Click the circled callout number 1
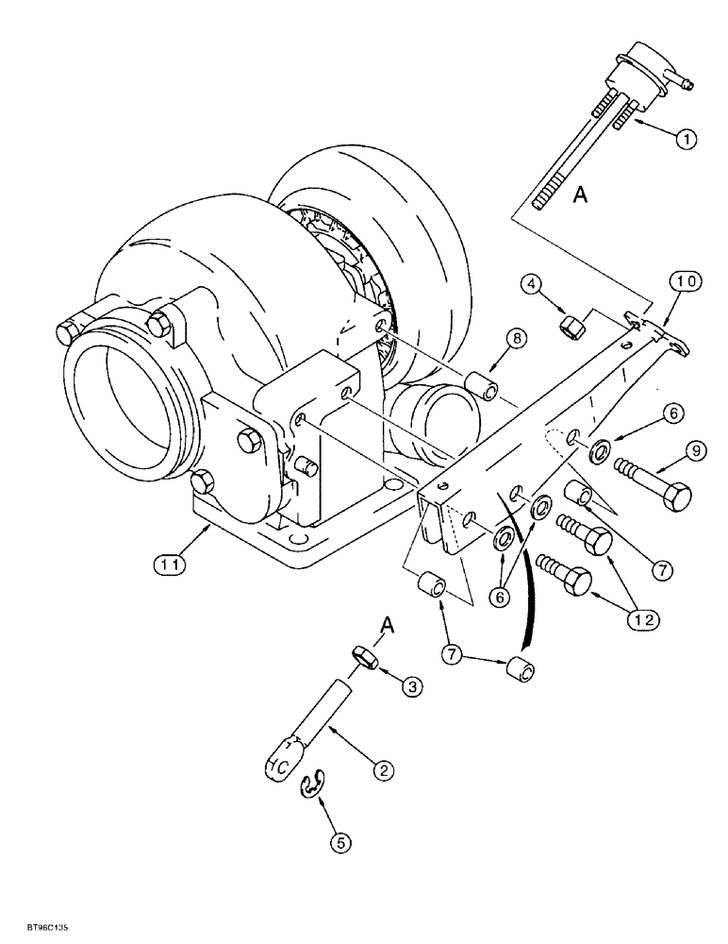click(687, 139)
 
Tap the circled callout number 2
click(382, 771)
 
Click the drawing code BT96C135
click(37, 928)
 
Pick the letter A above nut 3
click(386, 624)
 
